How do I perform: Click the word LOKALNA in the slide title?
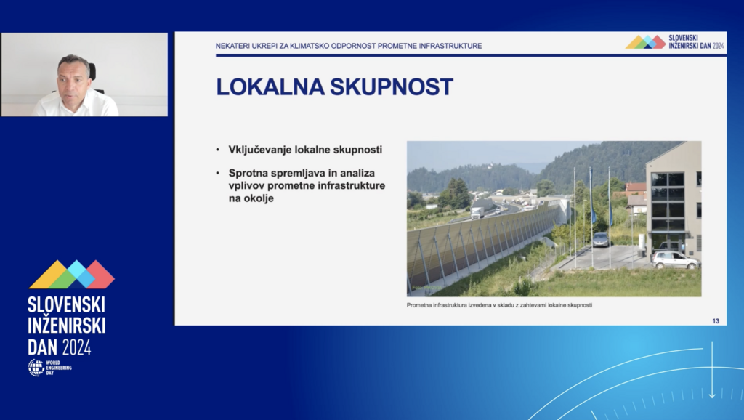click(270, 87)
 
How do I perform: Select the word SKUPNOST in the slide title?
click(392, 87)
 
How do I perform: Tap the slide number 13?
click(716, 321)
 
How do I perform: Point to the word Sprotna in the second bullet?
click(248, 173)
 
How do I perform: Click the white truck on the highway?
click(478, 211)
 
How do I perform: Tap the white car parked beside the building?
click(675, 259)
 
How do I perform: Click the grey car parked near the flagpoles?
click(600, 239)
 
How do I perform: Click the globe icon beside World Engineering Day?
click(36, 368)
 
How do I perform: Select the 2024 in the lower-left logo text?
click(76, 347)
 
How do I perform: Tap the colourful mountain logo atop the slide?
click(645, 41)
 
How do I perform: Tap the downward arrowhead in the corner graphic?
click(712, 395)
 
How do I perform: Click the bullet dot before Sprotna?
click(218, 173)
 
